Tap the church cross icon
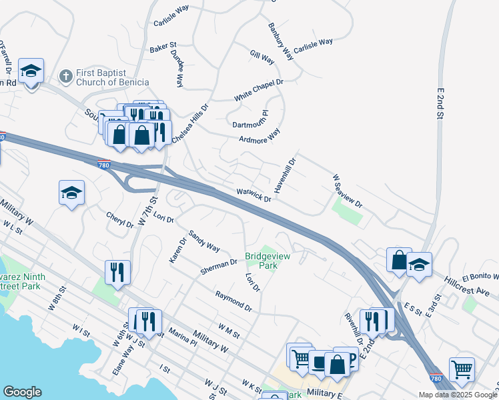(x=65, y=77)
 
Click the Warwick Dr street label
(x=254, y=195)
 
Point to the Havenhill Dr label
(x=285, y=175)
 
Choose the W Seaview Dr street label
(x=347, y=191)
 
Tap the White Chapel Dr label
(x=258, y=91)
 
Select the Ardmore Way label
(x=260, y=135)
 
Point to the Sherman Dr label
(x=219, y=267)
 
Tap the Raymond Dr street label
(x=233, y=301)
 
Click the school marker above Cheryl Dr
(x=71, y=193)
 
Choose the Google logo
(x=22, y=392)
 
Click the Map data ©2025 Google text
(x=457, y=395)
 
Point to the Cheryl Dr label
(x=119, y=219)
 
